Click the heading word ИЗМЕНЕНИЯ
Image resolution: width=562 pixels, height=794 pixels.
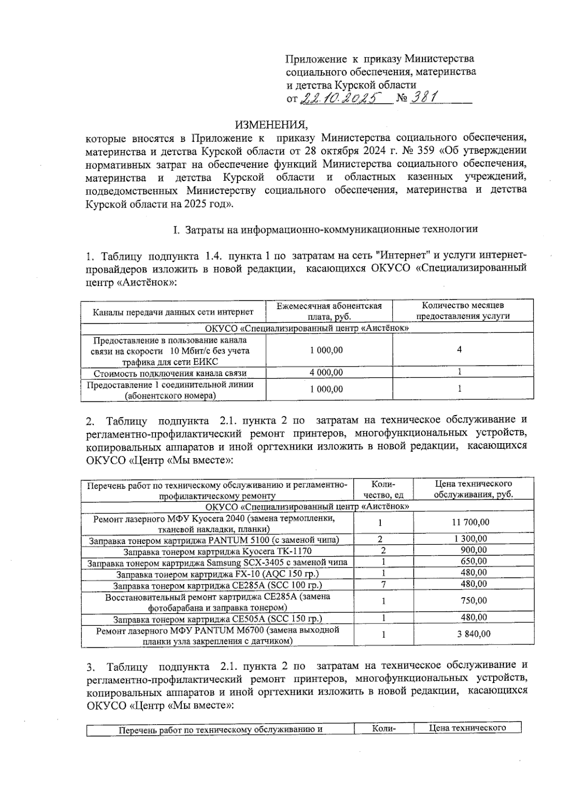(x=272, y=125)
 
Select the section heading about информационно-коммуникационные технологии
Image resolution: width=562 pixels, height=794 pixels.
(x=325, y=230)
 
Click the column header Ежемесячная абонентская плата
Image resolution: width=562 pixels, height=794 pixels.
(x=329, y=311)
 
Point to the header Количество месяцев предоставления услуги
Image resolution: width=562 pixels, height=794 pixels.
(x=463, y=311)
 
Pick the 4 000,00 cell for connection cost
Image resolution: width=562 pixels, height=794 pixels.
(x=326, y=372)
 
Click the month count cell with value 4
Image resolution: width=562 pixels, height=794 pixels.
(x=460, y=349)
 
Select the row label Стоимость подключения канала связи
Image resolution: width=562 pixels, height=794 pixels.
(x=170, y=373)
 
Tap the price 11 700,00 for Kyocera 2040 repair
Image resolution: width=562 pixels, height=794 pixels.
(x=473, y=522)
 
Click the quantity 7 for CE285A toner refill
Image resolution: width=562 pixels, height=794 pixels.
(x=384, y=584)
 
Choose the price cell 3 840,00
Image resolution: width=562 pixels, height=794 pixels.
(x=473, y=634)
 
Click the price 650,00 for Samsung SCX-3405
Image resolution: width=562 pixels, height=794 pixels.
(x=473, y=561)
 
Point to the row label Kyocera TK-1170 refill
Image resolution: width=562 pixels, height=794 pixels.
(x=214, y=551)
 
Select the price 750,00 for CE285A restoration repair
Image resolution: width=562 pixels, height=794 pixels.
(x=473, y=601)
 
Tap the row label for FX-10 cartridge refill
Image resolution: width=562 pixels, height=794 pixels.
(x=218, y=573)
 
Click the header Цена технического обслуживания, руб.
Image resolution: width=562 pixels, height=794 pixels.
(x=473, y=489)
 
